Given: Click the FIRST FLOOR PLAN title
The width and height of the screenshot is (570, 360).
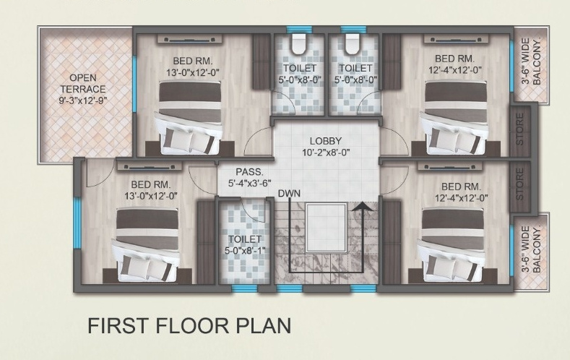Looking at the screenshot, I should pyautogui.click(x=189, y=325).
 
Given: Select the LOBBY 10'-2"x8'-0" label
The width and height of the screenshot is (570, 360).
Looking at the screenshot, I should pyautogui.click(x=326, y=146).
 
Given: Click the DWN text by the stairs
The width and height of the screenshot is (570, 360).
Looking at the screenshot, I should pyautogui.click(x=289, y=194).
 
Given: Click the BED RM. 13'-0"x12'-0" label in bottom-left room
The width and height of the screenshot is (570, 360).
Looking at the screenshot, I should pyautogui.click(x=151, y=189).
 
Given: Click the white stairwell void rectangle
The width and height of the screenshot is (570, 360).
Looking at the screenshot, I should pyautogui.click(x=326, y=227).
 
